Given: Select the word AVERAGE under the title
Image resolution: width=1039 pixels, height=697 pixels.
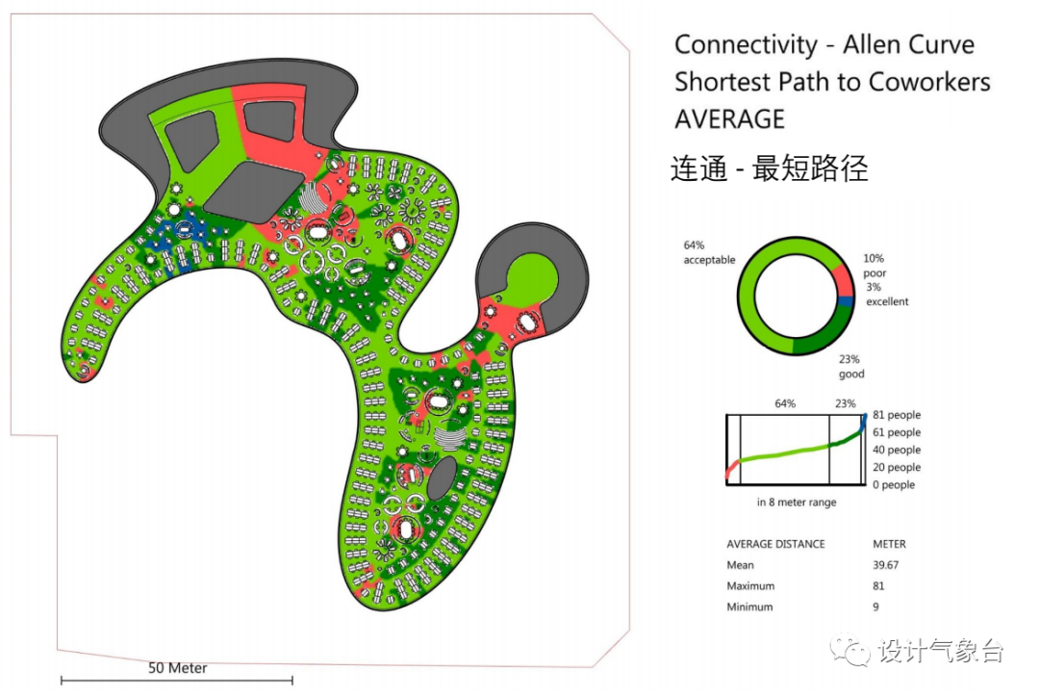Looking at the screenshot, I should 729,118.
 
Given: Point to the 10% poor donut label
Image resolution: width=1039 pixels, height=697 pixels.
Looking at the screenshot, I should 874,266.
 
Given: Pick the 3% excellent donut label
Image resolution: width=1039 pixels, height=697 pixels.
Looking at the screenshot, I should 886,295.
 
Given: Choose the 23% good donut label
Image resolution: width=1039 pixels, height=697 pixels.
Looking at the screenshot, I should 851,367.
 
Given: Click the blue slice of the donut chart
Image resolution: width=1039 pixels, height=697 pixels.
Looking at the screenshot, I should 847,301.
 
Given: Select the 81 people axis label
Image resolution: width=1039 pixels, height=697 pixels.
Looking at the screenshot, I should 897,415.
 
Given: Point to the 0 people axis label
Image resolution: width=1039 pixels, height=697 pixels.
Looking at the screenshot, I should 894,484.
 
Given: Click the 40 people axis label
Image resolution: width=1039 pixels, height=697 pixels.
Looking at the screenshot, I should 897,450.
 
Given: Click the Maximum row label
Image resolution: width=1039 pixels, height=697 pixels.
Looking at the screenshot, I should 750,585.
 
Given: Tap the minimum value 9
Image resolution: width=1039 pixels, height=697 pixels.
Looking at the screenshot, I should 875,607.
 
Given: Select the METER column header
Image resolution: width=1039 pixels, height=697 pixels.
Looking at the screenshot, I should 889,544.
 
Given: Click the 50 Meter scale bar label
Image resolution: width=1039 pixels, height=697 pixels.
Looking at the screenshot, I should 177,667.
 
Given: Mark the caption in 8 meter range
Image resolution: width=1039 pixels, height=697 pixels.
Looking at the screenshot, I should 796,503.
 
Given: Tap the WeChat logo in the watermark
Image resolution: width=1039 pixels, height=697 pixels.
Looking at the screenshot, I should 851,651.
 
